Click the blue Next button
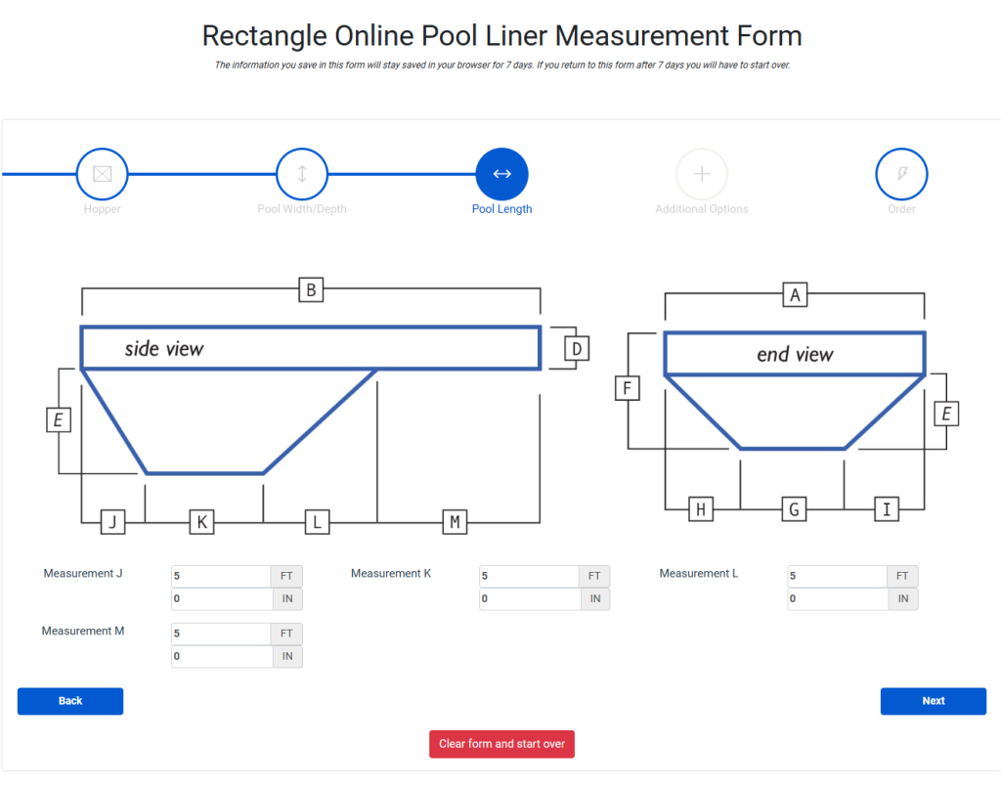point(933,701)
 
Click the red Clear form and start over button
point(501,744)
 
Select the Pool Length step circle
point(501,174)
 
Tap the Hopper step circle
point(102,174)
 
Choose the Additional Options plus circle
point(702,174)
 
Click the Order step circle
point(901,174)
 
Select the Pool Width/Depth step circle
point(302,174)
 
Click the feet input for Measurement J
point(221,576)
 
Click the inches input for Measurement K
point(530,598)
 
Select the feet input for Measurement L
point(837,576)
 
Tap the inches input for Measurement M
point(222,656)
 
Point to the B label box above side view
point(311,289)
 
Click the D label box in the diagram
point(577,349)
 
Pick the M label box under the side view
point(455,522)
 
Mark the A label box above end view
point(795,295)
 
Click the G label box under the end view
point(794,509)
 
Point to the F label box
point(627,388)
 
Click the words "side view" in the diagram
point(164,348)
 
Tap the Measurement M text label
point(83,631)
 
